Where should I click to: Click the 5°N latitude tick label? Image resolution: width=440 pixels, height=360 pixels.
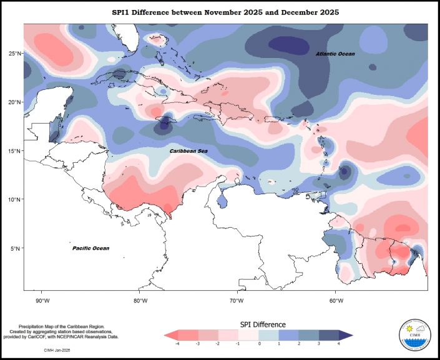pyautogui.click(x=16, y=248)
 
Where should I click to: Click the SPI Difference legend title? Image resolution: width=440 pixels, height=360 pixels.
pyautogui.click(x=263, y=324)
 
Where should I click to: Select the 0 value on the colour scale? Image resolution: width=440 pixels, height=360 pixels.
pyautogui.click(x=259, y=344)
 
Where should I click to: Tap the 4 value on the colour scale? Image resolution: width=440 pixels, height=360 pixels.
pyautogui.click(x=339, y=344)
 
